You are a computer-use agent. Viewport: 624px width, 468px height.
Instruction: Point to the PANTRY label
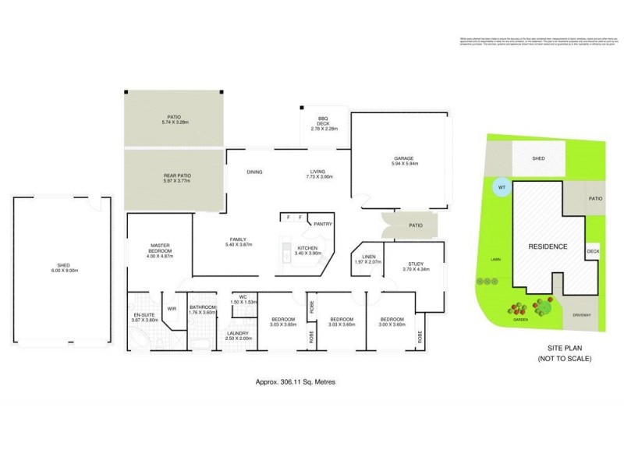point(323,224)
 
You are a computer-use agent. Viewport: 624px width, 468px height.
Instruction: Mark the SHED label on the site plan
point(538,158)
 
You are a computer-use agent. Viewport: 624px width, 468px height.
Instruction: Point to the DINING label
point(254,172)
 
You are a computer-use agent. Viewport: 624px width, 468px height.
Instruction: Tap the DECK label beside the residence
point(592,251)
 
